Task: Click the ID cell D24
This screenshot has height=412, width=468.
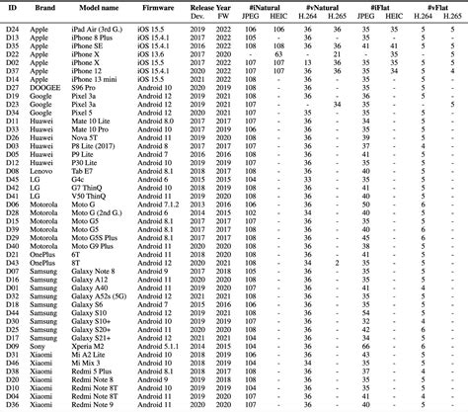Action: pyautogui.click(x=12, y=32)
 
